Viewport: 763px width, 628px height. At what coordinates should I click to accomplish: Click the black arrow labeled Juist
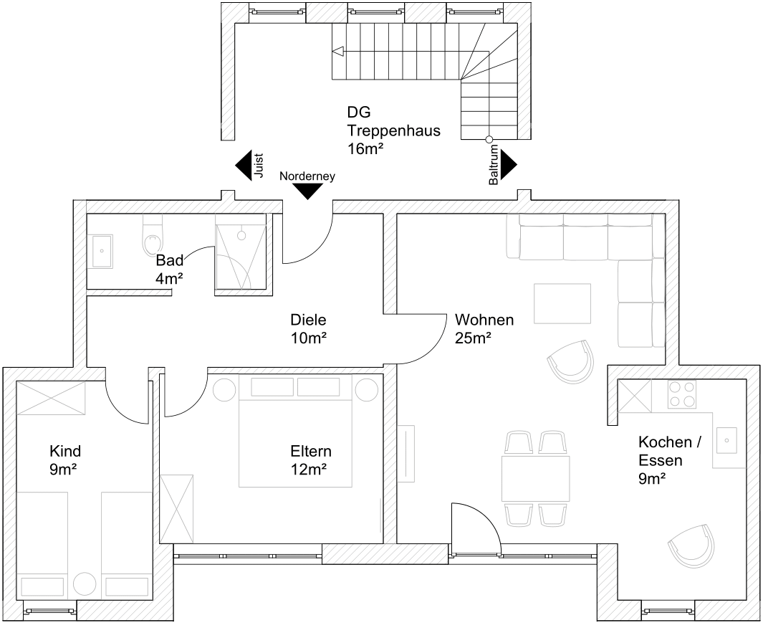[x=243, y=166]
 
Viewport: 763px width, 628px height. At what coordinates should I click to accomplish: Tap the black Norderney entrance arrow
[x=307, y=191]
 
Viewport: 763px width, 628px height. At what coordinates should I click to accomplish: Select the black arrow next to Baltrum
[x=509, y=165]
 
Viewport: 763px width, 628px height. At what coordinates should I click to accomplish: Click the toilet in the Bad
[x=153, y=236]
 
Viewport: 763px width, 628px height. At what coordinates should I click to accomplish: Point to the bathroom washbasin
[x=100, y=251]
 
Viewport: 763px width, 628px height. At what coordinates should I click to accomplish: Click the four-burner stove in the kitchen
[x=682, y=394]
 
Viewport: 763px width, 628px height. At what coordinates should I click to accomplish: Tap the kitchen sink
[x=726, y=440]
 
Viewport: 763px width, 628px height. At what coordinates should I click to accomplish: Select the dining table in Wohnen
[x=535, y=478]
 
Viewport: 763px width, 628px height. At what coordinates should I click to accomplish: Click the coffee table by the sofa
[x=562, y=304]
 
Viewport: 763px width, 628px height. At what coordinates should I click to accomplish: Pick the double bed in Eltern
[x=295, y=432]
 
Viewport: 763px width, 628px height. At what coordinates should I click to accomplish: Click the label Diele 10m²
[x=309, y=328]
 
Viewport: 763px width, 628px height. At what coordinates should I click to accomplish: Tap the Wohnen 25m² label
[x=484, y=328]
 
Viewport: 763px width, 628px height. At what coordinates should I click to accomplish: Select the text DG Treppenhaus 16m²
[x=393, y=130]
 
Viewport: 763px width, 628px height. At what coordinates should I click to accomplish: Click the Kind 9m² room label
[x=64, y=460]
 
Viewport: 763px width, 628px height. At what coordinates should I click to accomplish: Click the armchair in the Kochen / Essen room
[x=691, y=546]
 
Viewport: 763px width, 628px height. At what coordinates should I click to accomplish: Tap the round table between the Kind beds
[x=85, y=584]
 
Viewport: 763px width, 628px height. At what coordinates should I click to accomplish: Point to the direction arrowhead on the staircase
[x=337, y=51]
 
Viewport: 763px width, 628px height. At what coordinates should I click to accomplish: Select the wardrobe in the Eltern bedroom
[x=176, y=509]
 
